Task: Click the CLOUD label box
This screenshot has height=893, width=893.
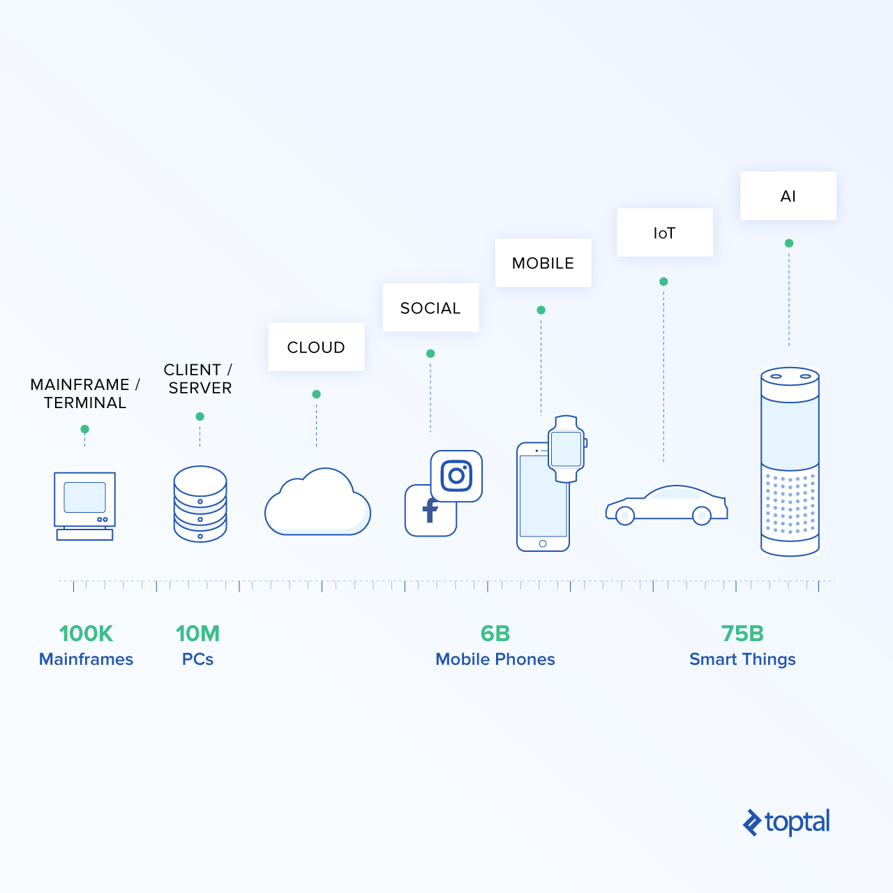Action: [x=316, y=347]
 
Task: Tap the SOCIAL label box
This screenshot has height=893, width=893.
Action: [x=430, y=307]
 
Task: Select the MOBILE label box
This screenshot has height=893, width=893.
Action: [x=543, y=263]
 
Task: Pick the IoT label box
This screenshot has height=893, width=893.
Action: [x=665, y=232]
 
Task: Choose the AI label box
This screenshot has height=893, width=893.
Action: [x=788, y=195]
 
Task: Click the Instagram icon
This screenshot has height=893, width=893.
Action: [x=456, y=476]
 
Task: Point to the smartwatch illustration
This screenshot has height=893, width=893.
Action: [x=566, y=449]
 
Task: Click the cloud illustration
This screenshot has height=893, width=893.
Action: [x=317, y=502]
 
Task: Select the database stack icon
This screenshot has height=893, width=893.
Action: [x=200, y=504]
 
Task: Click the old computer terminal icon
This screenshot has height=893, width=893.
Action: [x=85, y=506]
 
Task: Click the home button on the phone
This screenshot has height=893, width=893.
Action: [x=543, y=543]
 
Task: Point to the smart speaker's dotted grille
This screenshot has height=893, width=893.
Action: [x=790, y=503]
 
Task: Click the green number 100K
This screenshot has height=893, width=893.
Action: [x=87, y=633]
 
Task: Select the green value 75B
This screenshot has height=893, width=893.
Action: [x=742, y=633]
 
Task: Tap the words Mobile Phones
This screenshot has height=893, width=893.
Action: [x=495, y=659]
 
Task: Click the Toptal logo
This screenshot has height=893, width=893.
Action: [x=786, y=823]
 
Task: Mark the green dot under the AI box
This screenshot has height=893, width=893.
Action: [x=789, y=243]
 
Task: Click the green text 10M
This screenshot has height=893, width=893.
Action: [x=198, y=633]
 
